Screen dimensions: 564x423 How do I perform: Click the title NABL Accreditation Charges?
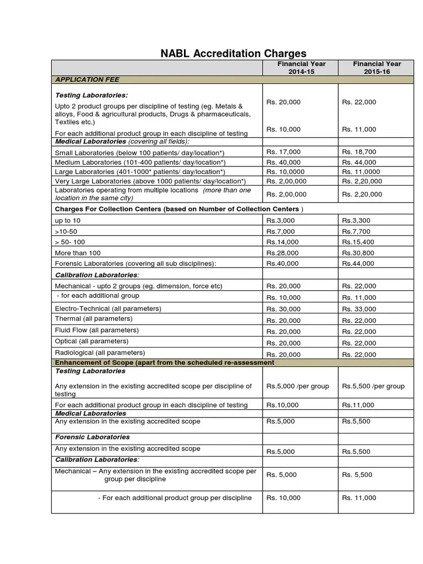coord(233,53)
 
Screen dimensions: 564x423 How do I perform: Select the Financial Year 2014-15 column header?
coord(301,68)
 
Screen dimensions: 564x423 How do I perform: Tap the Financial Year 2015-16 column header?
coord(377,68)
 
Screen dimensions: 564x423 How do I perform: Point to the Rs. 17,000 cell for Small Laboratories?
coord(284,152)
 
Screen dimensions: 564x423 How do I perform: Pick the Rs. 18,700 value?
coord(359,152)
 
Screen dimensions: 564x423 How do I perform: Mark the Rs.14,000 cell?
coord(283,242)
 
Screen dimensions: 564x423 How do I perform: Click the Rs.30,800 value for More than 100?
coord(358,253)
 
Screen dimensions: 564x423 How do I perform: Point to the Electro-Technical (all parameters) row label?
coord(108,308)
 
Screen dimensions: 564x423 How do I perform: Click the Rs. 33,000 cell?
coord(359,310)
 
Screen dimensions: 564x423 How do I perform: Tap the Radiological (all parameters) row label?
coord(100,352)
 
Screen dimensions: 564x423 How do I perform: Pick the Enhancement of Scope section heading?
coord(165,362)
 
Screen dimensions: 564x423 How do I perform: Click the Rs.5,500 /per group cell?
coord(373,387)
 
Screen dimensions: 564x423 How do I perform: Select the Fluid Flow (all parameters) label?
coord(97,330)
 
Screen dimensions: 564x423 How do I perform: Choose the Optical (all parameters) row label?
coord(92,341)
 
